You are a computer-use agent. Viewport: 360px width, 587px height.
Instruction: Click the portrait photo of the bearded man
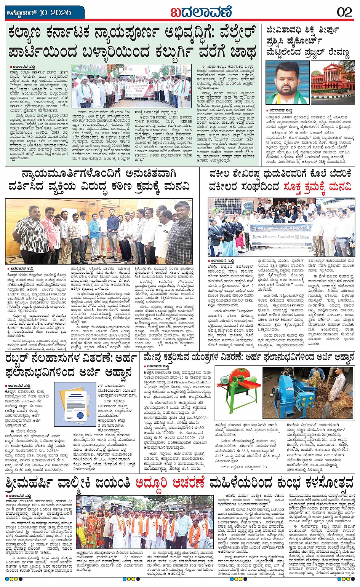[x=287, y=83]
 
